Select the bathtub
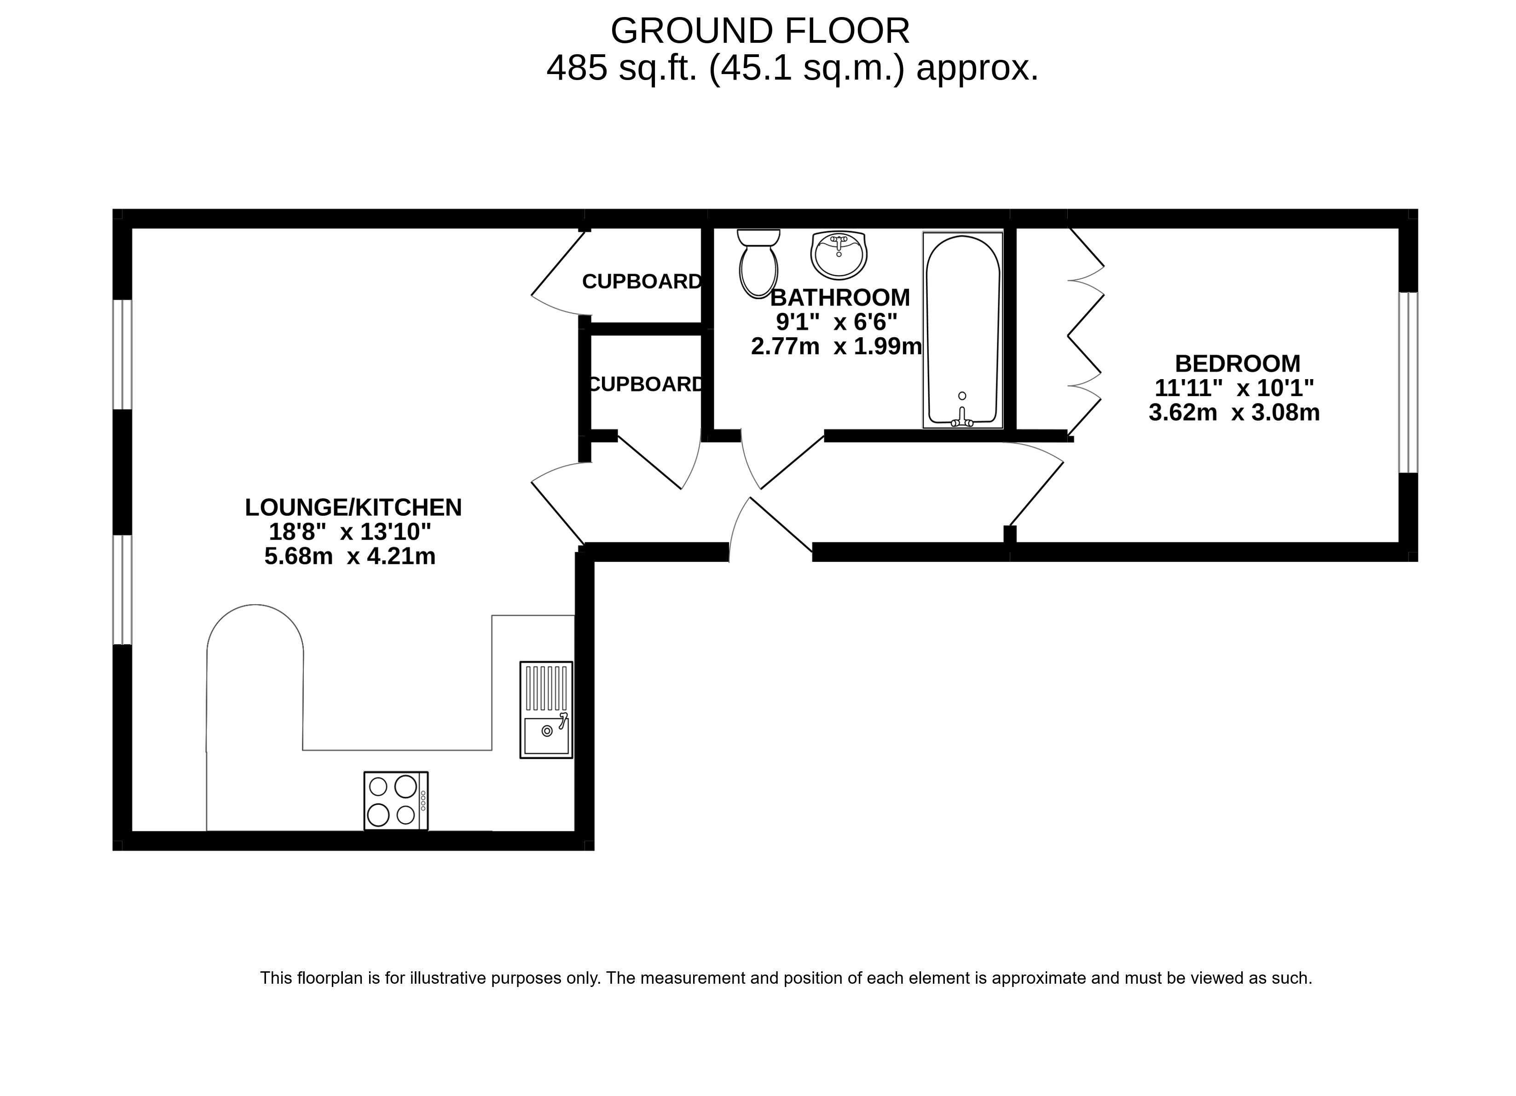(x=962, y=330)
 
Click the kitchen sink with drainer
(x=546, y=710)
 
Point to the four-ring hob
(x=396, y=801)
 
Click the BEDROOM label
(x=1237, y=363)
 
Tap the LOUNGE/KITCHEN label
(x=353, y=507)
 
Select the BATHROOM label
(x=839, y=297)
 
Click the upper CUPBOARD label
(x=642, y=281)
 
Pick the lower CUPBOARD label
(x=646, y=384)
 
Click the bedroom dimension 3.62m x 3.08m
(x=1234, y=412)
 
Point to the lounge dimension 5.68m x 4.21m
(x=350, y=556)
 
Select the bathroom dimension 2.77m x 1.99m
(x=836, y=346)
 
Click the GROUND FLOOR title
(x=760, y=31)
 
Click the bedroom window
(x=1408, y=382)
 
